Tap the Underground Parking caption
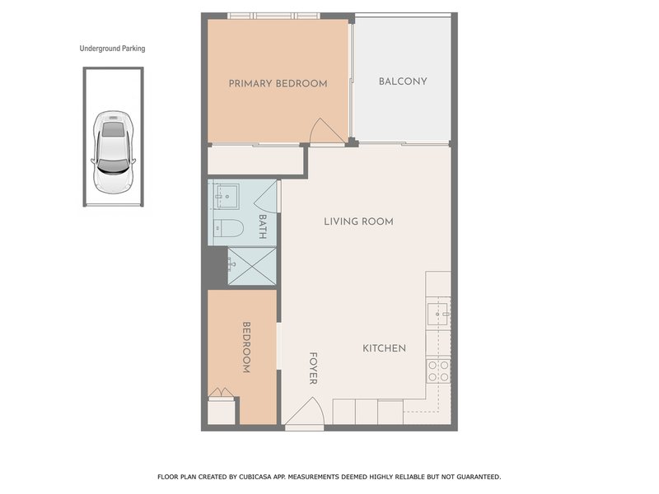[112, 49]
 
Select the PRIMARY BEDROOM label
[278, 83]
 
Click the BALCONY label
[402, 81]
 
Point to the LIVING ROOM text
[358, 221]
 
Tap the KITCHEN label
[384, 348]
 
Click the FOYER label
[313, 368]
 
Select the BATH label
[262, 226]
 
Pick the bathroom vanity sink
[224, 196]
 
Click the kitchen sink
[437, 312]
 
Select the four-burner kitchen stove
[437, 370]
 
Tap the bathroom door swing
[265, 194]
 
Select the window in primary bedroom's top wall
[273, 15]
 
